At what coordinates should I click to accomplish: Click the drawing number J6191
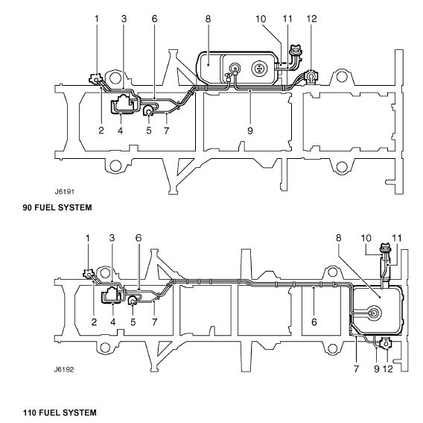[65, 192]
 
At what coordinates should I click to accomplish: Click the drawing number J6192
[64, 369]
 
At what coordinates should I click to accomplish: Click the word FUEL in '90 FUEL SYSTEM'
[45, 207]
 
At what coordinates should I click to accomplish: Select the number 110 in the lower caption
[30, 413]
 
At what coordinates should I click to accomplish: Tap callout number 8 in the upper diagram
[208, 19]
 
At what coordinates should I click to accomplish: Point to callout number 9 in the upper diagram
[250, 131]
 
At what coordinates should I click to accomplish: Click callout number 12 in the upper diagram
[311, 19]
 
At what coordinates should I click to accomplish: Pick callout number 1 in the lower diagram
[88, 238]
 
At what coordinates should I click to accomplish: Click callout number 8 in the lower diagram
[339, 238]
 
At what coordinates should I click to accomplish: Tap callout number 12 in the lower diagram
[388, 369]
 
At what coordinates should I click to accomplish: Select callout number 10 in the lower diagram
[366, 238]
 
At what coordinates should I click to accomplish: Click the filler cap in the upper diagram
[296, 51]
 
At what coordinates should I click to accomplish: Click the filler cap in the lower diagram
[384, 248]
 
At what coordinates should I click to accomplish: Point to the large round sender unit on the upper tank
[259, 69]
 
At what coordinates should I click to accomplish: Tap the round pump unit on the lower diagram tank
[374, 313]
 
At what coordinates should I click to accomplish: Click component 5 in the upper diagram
[148, 110]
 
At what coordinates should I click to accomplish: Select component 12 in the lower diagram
[386, 342]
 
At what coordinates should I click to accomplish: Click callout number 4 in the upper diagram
[121, 131]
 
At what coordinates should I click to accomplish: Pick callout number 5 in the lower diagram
[133, 322]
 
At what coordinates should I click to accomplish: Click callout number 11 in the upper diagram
[287, 19]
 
